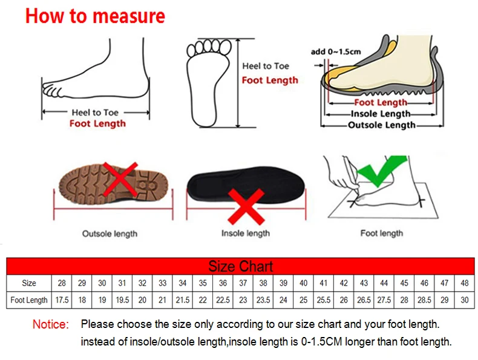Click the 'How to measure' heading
95,16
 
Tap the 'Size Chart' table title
240,266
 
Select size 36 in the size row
223,283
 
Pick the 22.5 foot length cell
223,300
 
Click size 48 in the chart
465,283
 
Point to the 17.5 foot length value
62,300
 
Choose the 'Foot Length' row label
29,300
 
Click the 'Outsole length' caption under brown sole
110,234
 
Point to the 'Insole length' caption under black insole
246,234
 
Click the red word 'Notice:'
51,325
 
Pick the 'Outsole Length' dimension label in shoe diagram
381,125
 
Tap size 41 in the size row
324,283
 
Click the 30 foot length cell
465,300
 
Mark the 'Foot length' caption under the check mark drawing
381,234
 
